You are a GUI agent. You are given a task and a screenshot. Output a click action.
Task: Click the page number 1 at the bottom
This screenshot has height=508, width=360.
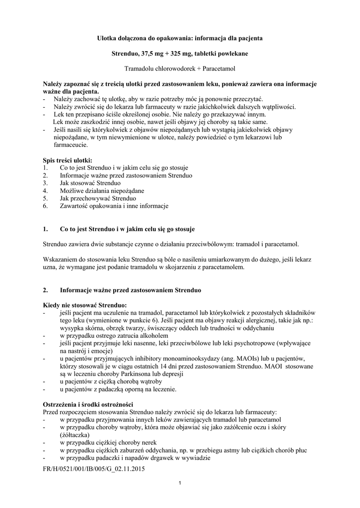tap(180, 484)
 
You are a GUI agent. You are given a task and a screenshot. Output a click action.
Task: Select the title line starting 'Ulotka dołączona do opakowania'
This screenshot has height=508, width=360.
tap(180, 38)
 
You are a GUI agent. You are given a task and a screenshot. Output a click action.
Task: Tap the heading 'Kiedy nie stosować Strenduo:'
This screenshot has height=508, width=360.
tap(85, 304)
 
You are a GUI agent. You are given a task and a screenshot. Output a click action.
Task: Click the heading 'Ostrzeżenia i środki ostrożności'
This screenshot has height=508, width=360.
tap(88, 404)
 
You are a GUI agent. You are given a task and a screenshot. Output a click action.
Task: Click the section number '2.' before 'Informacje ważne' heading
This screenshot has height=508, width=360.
tap(46, 289)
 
